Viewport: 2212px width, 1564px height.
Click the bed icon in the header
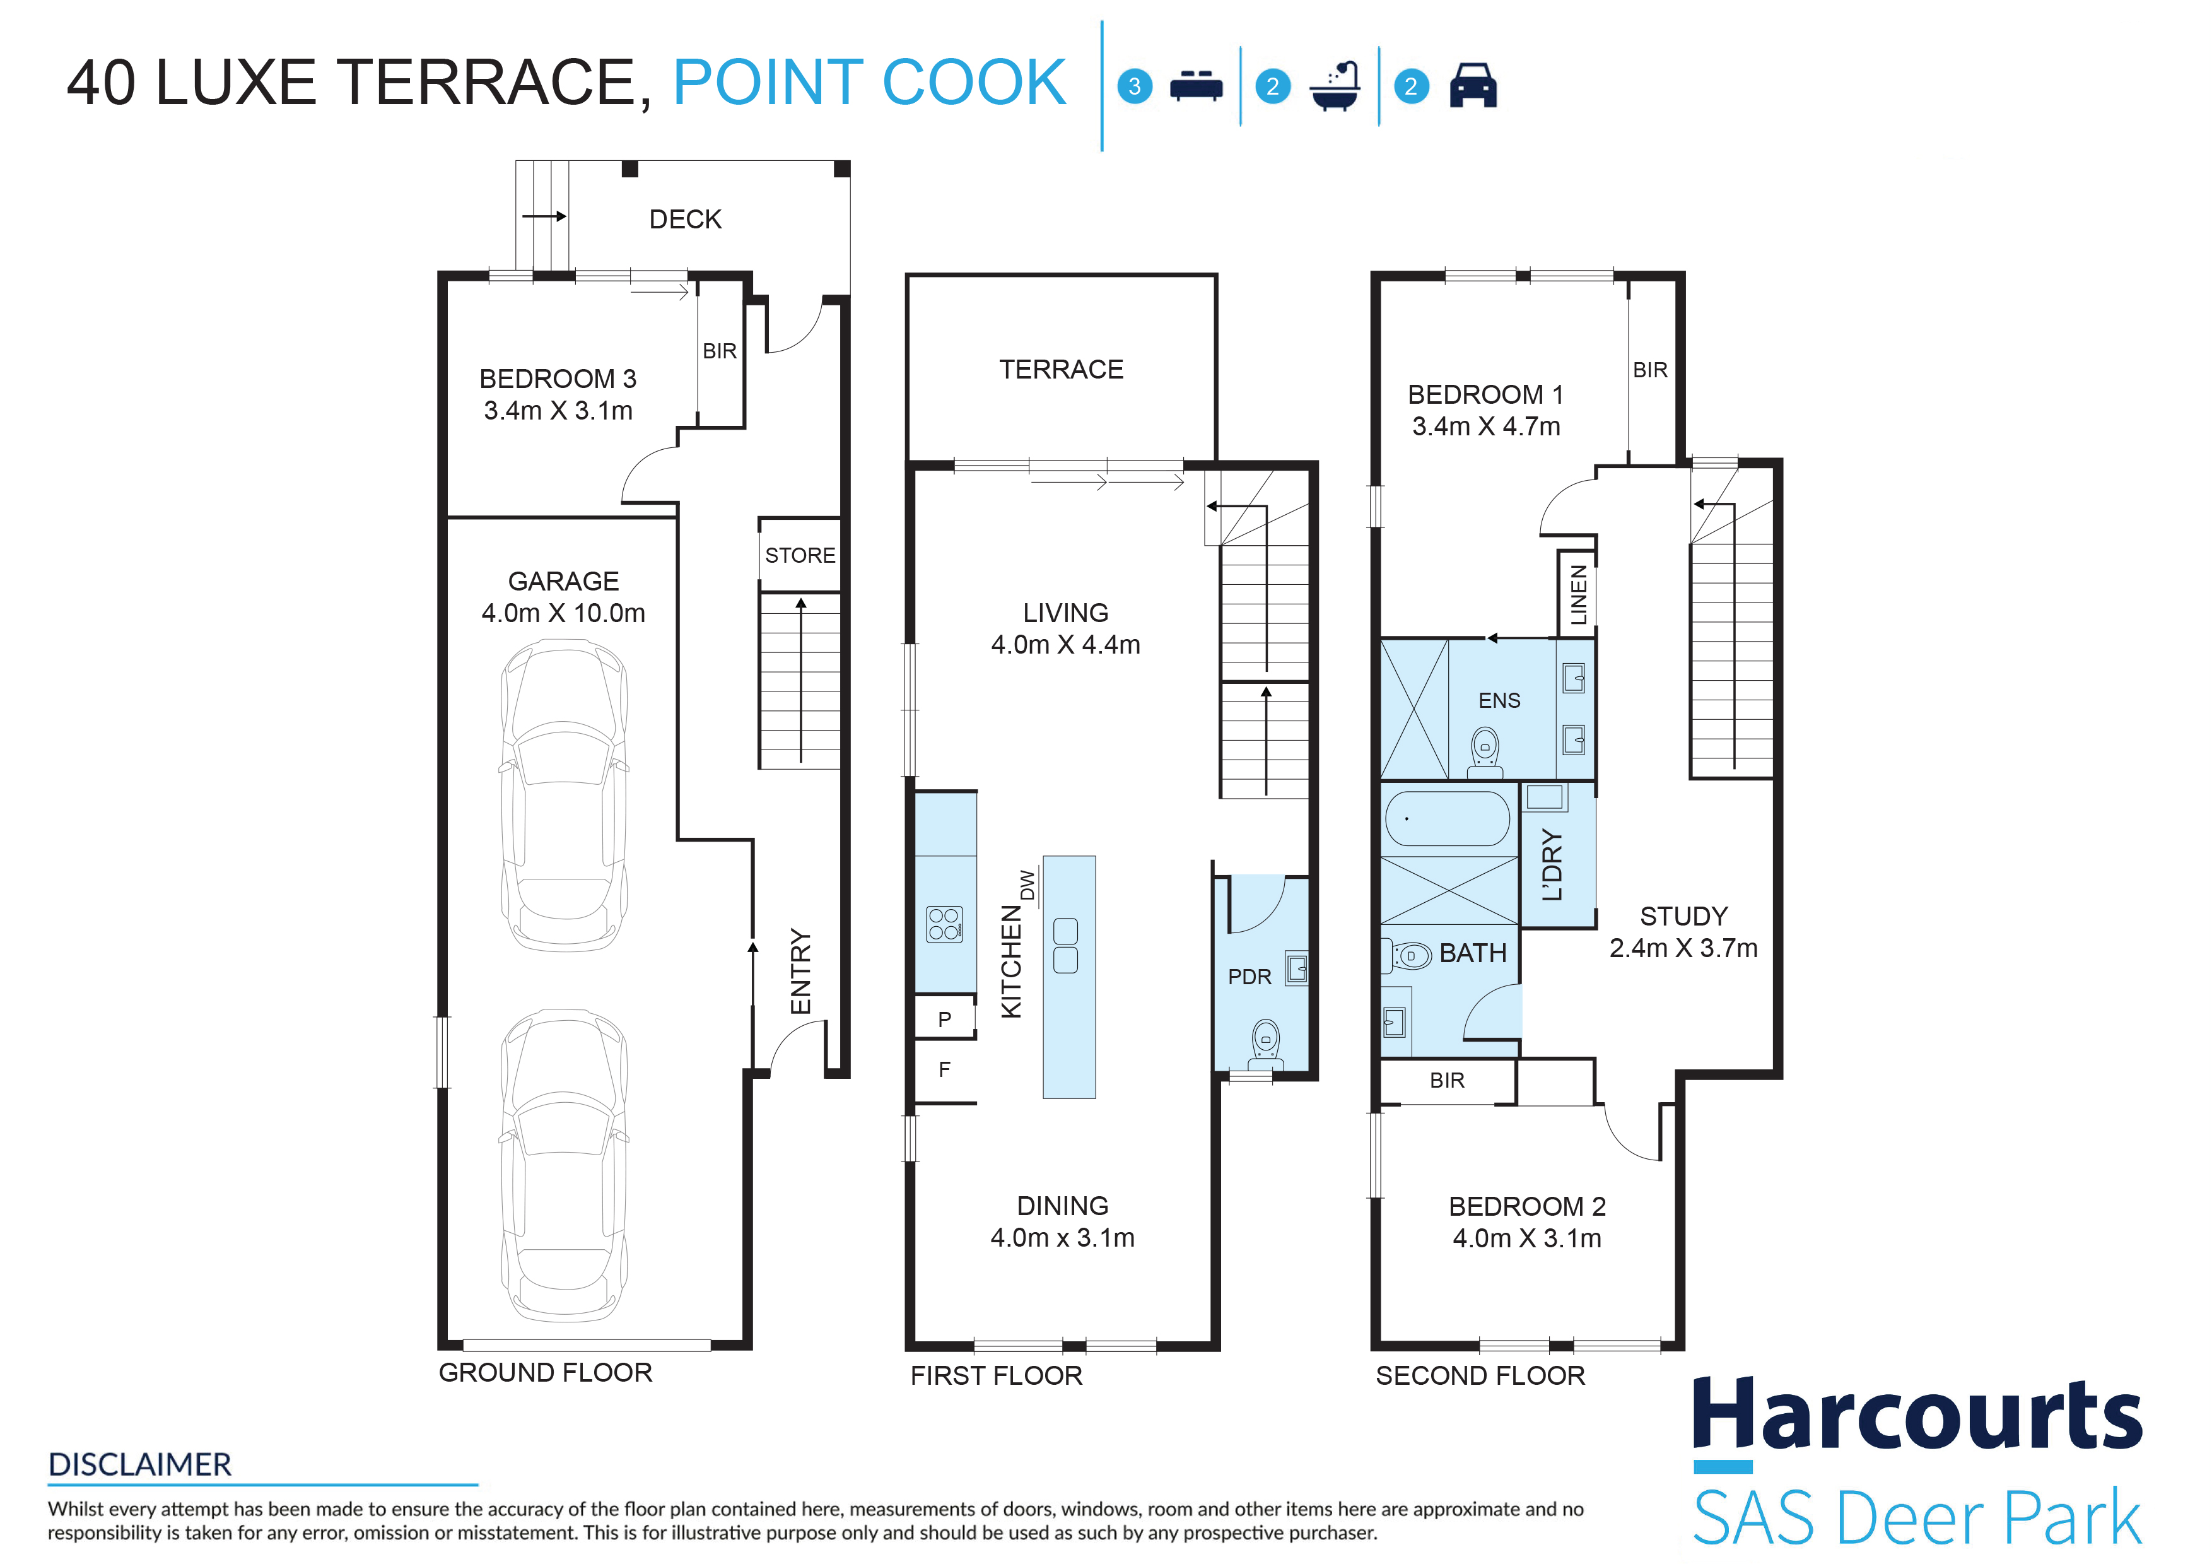coord(1196,86)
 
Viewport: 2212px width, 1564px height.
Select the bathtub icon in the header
coord(1335,86)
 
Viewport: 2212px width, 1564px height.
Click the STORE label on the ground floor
coord(800,555)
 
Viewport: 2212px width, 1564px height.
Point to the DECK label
coord(685,220)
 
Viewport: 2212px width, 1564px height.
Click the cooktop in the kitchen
coord(944,924)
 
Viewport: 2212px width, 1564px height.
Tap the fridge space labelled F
coord(945,1069)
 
